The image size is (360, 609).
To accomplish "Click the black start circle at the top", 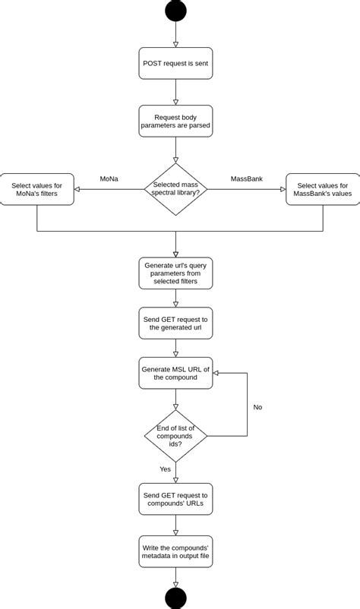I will (x=175, y=11).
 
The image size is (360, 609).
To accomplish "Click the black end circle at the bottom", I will (x=175, y=598).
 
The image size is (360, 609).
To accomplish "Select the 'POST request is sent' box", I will (x=175, y=63).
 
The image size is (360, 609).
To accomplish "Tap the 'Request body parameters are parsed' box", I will (x=175, y=121).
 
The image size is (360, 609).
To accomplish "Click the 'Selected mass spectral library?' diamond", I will (x=175, y=189).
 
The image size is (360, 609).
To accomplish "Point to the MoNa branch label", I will (x=109, y=179).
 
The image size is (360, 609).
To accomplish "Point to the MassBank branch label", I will (x=246, y=179).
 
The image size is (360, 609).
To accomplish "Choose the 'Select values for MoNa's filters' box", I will (x=37, y=189).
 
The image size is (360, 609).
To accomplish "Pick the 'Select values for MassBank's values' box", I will (x=323, y=189).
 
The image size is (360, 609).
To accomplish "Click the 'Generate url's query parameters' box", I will (x=175, y=273).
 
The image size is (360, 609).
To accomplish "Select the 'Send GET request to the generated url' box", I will (x=175, y=323).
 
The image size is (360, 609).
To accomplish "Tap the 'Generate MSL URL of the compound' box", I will (x=175, y=373).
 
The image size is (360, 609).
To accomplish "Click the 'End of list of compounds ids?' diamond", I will (x=175, y=436).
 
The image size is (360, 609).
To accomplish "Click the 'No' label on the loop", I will (x=257, y=407).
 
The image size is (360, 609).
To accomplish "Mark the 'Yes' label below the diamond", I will (x=165, y=469).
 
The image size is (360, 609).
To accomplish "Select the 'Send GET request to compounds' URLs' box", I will (x=175, y=499).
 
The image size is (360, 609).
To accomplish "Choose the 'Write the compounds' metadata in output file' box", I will (x=175, y=551).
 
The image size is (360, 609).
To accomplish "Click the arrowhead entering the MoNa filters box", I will (x=77, y=189).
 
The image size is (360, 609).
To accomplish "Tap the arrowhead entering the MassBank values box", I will (x=283, y=189).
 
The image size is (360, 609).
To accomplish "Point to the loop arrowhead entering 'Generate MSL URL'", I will (x=216, y=373).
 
